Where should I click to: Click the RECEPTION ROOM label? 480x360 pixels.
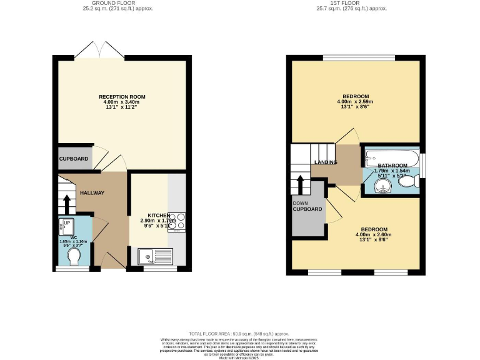click(122, 97)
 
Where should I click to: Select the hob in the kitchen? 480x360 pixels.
click(177, 221)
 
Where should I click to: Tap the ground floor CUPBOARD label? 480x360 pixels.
click(74, 159)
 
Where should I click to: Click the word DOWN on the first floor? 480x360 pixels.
click(300, 202)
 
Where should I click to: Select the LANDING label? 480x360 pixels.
click(325, 162)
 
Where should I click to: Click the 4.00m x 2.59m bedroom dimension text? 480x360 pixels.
click(355, 101)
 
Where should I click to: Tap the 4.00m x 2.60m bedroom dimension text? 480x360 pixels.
click(372, 235)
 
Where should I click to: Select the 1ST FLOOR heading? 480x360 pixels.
click(351, 3)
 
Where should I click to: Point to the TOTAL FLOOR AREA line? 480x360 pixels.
click(239, 334)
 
